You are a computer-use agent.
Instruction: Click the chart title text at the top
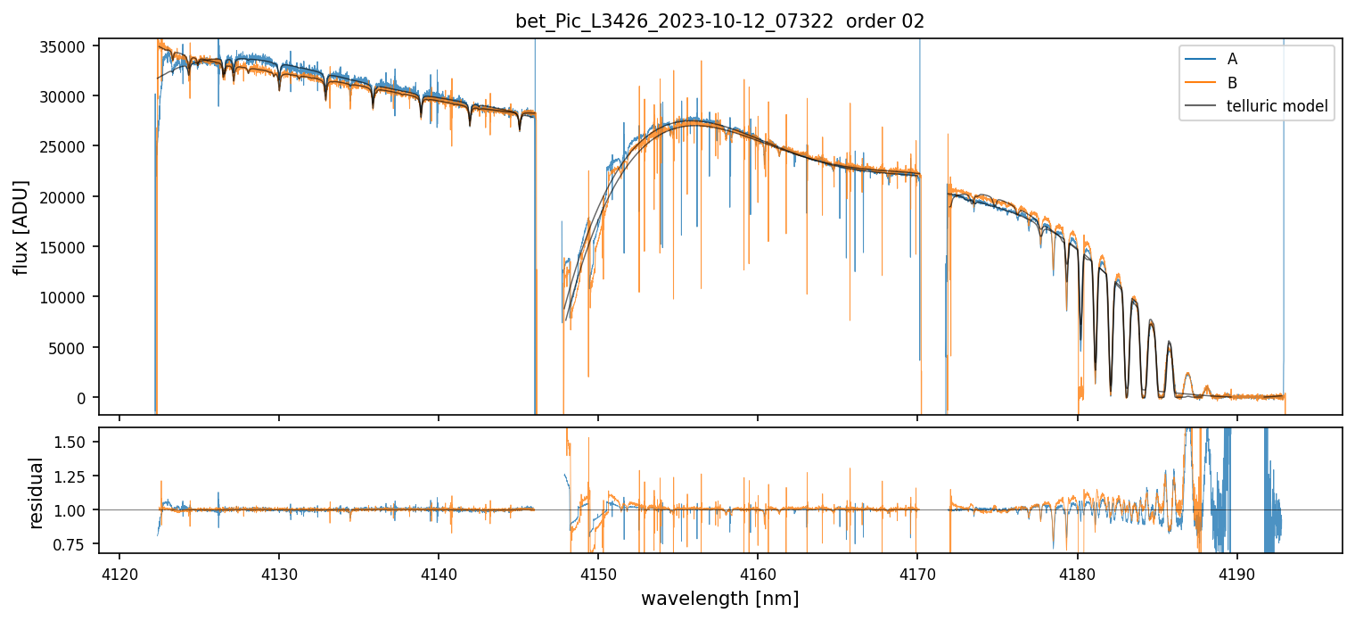point(720,21)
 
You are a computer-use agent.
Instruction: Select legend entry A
point(1232,59)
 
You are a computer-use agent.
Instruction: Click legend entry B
point(1232,83)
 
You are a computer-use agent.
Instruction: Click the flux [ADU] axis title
point(21,227)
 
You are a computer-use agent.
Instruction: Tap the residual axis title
point(37,492)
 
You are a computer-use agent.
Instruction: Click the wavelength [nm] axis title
point(719,598)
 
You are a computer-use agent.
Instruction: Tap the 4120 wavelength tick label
point(119,572)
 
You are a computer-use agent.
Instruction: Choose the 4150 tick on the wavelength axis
point(598,572)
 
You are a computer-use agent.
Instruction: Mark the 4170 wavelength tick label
point(917,572)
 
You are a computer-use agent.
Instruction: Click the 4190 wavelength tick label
point(1236,572)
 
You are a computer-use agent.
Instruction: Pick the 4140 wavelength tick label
point(439,572)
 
